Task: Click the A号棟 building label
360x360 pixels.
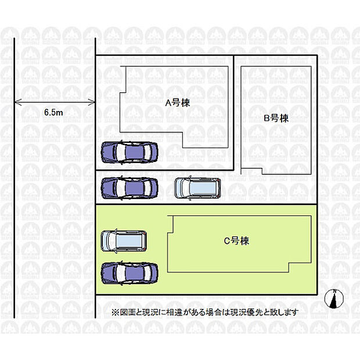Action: [178, 103]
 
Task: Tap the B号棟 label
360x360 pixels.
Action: [276, 118]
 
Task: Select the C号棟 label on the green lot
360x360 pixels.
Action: [236, 240]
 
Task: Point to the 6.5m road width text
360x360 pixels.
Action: [53, 113]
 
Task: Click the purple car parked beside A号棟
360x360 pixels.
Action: [129, 152]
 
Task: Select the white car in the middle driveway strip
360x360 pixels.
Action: [198, 187]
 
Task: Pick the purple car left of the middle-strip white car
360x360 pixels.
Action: [129, 187]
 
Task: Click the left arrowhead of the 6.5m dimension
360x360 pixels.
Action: [17, 103]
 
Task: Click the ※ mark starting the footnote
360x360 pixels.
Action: [115, 312]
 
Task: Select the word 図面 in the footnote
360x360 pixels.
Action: [126, 312]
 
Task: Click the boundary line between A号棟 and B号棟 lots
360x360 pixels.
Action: [233, 110]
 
